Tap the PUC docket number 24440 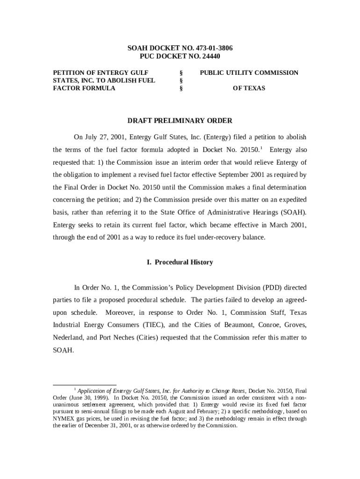click(x=207, y=56)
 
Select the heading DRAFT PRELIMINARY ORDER click(x=180, y=121)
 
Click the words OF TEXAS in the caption click(x=249, y=88)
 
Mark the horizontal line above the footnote click(x=85, y=385)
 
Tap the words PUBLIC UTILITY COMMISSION click(x=249, y=73)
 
